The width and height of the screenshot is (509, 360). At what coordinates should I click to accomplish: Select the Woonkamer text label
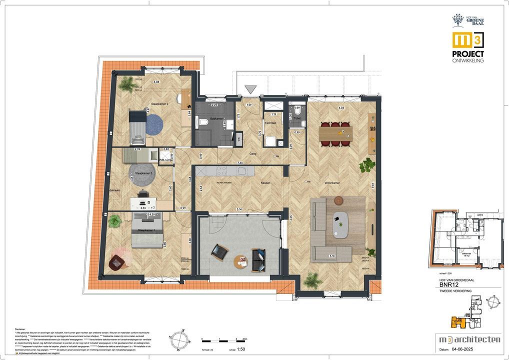click(x=333, y=183)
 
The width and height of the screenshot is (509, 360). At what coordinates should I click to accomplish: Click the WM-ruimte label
click(x=166, y=160)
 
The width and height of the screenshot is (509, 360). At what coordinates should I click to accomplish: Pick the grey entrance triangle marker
click(x=251, y=89)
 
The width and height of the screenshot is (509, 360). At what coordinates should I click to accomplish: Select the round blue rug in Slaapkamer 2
click(x=154, y=123)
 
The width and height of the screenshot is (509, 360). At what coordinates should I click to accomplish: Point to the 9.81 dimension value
click(x=372, y=184)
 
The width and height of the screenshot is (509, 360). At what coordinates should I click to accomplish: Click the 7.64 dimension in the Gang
click(x=240, y=163)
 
